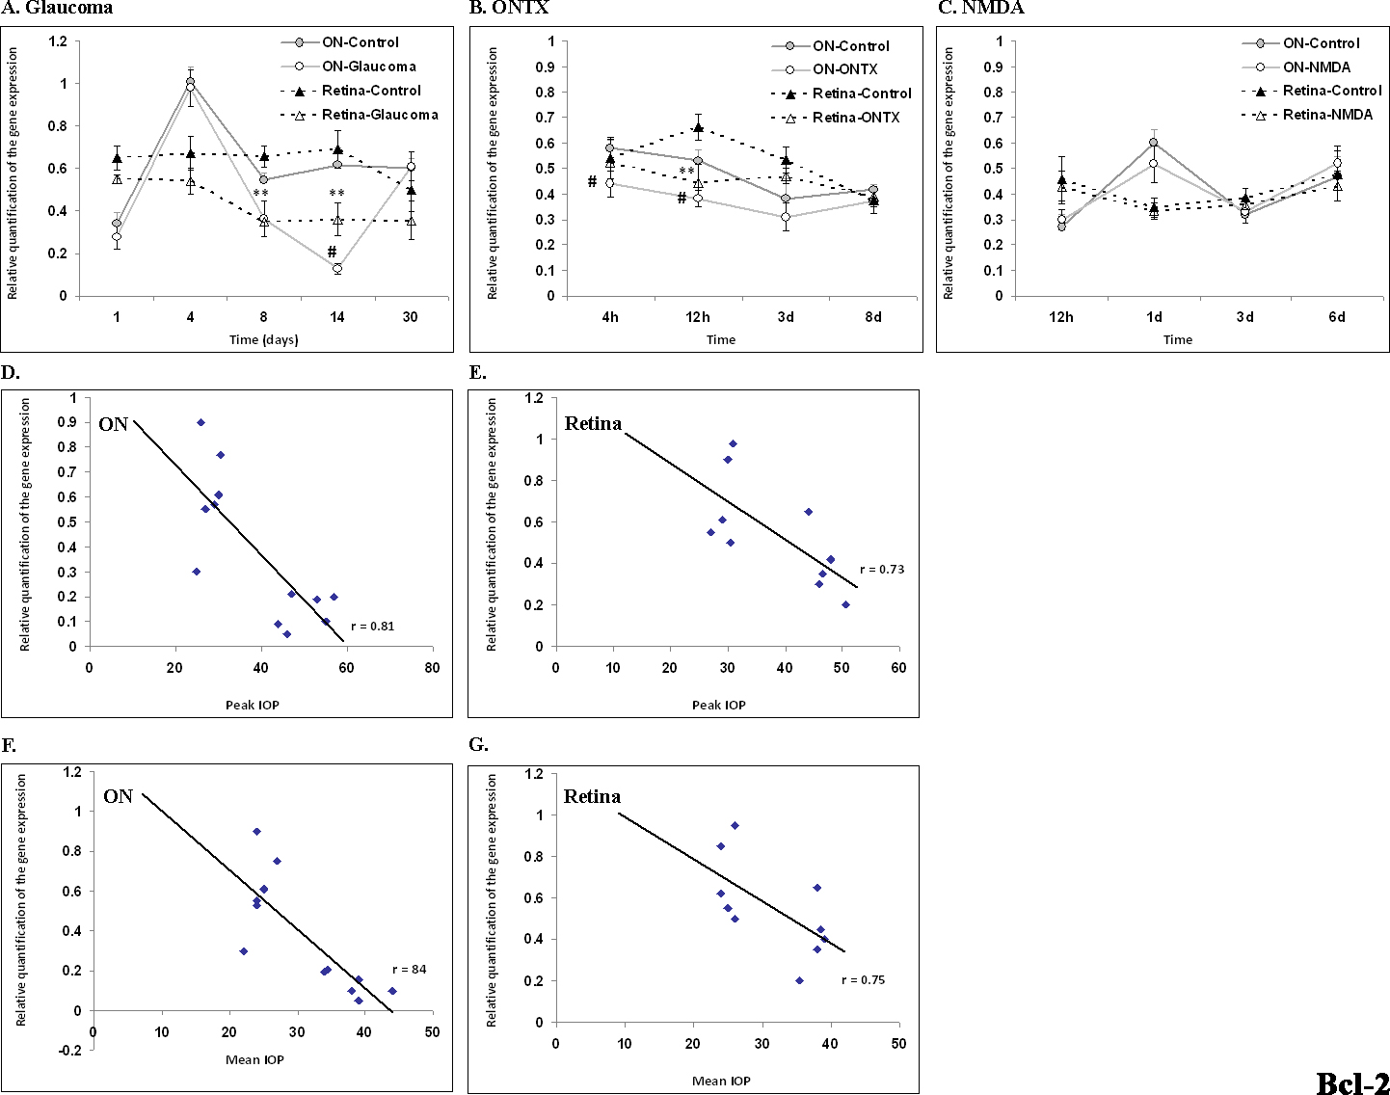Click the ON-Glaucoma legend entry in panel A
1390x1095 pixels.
(368, 67)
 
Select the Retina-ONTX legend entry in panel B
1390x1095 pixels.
(856, 118)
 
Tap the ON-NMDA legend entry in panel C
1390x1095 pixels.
(1316, 67)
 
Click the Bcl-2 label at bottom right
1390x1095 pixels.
(1351, 1082)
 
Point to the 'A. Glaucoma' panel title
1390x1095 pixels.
(57, 8)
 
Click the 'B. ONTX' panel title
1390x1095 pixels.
(508, 8)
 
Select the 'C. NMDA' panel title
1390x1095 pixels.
(979, 8)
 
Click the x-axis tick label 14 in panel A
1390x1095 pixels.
(336, 317)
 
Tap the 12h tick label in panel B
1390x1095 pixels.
(698, 317)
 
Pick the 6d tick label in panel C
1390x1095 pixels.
(1336, 317)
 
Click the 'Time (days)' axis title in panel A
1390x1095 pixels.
(263, 339)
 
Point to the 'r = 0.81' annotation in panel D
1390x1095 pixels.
(372, 627)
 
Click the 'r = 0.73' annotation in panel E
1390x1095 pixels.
(882, 570)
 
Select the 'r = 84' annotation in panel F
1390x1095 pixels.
(409, 970)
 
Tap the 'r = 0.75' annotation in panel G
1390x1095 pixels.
(863, 980)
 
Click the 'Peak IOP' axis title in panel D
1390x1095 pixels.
(253, 705)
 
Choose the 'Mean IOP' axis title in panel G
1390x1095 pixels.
(721, 1081)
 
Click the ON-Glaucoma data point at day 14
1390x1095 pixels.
(337, 269)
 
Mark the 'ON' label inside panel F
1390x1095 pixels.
(118, 796)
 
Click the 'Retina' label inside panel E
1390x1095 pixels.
(593, 423)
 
